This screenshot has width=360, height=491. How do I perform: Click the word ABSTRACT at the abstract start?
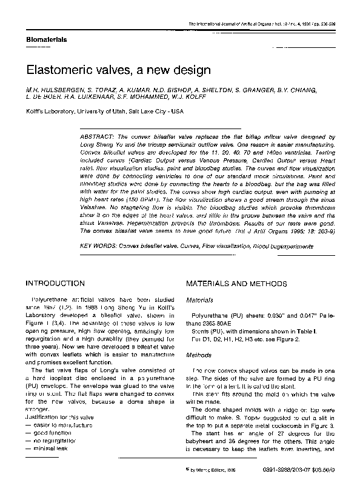coord(98,138)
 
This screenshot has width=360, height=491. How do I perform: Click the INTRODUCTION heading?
coord(55,283)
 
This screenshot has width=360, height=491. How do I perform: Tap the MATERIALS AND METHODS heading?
coord(236,283)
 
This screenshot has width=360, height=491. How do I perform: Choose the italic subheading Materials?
coord(199,300)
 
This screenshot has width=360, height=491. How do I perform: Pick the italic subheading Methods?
coord(198,355)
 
